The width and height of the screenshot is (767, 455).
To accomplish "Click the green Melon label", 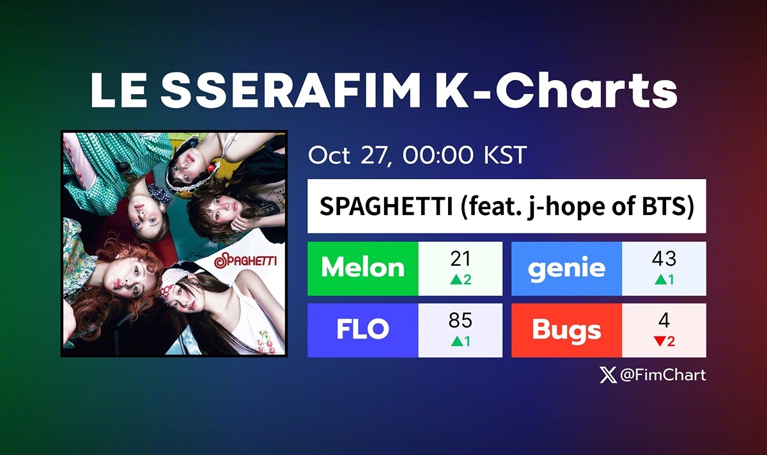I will pos(362,268).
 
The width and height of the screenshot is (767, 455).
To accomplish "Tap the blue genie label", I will pos(566,268).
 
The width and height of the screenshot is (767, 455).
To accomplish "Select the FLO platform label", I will pos(362,330).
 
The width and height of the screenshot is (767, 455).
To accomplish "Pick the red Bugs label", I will pos(566,330).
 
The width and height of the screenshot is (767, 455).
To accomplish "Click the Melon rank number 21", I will pos(460,259).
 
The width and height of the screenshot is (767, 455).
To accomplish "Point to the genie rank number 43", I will pos(664,259).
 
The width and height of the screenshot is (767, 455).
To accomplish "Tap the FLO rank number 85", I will pos(460,321).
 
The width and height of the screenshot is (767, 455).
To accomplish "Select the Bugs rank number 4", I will pos(664,321).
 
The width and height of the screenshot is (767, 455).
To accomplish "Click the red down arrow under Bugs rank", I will pos(660,342).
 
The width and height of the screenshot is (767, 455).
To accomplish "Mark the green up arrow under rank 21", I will pos(455,280).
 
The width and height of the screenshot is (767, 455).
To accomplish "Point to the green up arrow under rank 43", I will pos(660,280).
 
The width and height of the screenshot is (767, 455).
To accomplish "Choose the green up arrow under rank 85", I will pos(456,342).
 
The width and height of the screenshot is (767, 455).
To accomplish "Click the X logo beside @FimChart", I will pos(608,375).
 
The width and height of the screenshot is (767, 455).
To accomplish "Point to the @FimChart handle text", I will pos(663,375).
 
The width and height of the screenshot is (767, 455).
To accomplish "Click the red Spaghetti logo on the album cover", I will pos(249,261).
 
